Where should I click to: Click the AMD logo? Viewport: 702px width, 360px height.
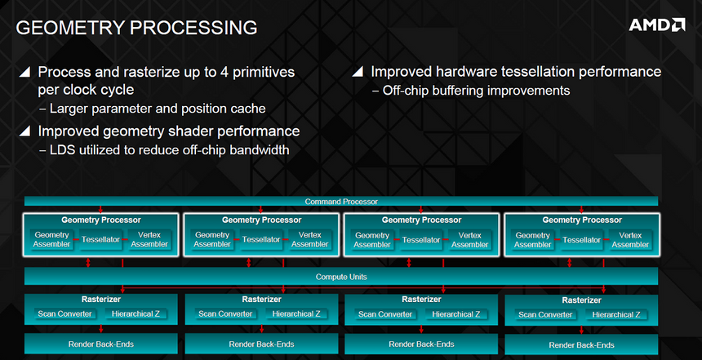pyautogui.click(x=656, y=24)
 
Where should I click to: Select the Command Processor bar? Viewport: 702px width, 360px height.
pyautogui.click(x=340, y=202)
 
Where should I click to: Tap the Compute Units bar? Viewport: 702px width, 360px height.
pyautogui.click(x=340, y=277)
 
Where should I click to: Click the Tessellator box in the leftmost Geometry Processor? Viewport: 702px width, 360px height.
pyautogui.click(x=101, y=240)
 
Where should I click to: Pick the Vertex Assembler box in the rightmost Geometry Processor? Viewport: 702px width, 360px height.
pyautogui.click(x=630, y=240)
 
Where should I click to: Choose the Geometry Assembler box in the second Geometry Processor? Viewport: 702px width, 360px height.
pyautogui.click(x=212, y=240)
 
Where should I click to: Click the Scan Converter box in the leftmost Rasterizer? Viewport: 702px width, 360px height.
pyautogui.click(x=65, y=314)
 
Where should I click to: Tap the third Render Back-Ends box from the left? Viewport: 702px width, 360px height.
pyautogui.click(x=421, y=344)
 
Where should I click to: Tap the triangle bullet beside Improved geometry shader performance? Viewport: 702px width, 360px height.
pyautogui.click(x=25, y=131)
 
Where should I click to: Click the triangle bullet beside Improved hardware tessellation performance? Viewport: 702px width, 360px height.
pyautogui.click(x=358, y=72)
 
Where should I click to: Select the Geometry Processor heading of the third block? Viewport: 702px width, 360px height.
pyautogui.click(x=421, y=220)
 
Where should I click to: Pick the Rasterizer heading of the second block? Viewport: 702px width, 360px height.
pyautogui.click(x=261, y=300)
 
